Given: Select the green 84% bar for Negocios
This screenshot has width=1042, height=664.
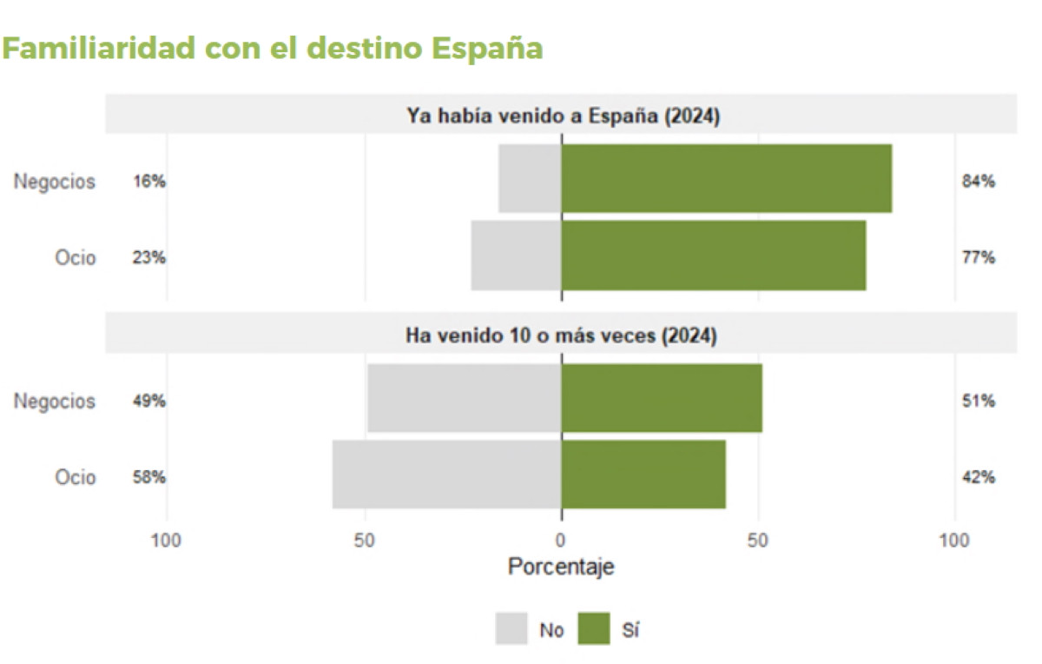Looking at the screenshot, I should pyautogui.click(x=726, y=178).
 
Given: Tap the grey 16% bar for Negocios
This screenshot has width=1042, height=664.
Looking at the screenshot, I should pyautogui.click(x=531, y=178).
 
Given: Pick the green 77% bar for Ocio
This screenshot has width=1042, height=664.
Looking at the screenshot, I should pyautogui.click(x=713, y=256).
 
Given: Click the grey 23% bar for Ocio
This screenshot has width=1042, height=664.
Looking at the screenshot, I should pyautogui.click(x=517, y=256).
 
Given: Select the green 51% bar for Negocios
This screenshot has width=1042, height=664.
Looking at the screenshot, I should pyautogui.click(x=662, y=398).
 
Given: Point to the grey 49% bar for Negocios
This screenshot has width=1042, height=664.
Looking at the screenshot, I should pyautogui.click(x=465, y=398).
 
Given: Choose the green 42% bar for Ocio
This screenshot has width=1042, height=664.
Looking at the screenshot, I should pyautogui.click(x=643, y=475).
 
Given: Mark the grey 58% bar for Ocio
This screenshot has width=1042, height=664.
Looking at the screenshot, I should pyautogui.click(x=447, y=475).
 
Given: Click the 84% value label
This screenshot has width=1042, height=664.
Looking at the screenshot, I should pyautogui.click(x=979, y=182).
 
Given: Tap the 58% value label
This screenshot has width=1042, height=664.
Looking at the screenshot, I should pyautogui.click(x=149, y=477).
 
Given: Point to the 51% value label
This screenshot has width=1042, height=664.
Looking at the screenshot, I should pyautogui.click(x=979, y=402).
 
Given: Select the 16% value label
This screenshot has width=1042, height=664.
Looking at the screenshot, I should pyautogui.click(x=149, y=182).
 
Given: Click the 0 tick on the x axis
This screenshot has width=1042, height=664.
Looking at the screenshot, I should pyautogui.click(x=562, y=540).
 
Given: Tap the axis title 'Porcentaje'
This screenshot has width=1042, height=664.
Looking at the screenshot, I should pyautogui.click(x=561, y=567).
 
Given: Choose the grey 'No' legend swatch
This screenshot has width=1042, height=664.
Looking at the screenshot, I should pyautogui.click(x=511, y=629).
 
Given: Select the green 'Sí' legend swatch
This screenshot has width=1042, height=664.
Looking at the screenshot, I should pyautogui.click(x=594, y=629).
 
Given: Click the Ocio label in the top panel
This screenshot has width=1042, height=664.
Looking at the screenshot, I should pyautogui.click(x=76, y=258).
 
